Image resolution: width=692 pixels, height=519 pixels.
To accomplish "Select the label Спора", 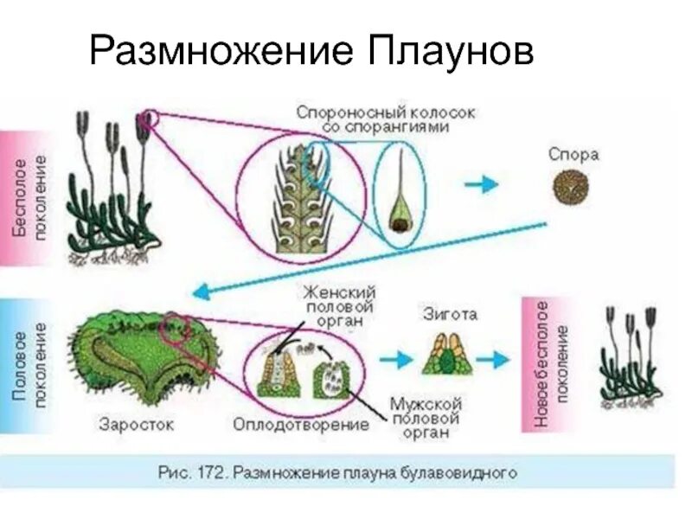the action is (x=573, y=154).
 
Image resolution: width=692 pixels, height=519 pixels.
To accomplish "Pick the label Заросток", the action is (x=136, y=424).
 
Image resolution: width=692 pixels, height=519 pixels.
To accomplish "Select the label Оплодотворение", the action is (x=300, y=425).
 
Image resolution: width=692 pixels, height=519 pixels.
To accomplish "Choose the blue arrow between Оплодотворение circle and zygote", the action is (x=395, y=357).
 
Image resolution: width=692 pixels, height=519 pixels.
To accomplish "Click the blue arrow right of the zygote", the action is (x=496, y=357).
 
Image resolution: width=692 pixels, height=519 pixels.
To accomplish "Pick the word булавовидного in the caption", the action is (x=470, y=473).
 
